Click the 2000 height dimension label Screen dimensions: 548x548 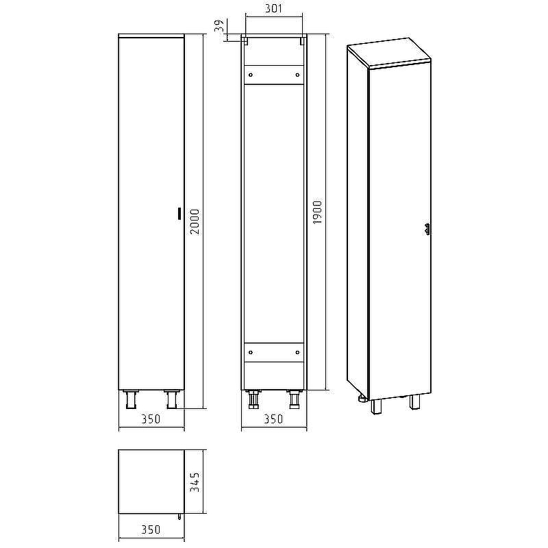[x=195, y=221]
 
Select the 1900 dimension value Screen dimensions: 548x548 [x=317, y=213]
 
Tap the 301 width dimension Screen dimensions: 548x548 [x=273, y=9]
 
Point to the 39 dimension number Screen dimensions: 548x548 [x=219, y=27]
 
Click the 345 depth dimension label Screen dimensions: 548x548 [x=195, y=482]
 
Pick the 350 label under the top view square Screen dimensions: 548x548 [x=151, y=530]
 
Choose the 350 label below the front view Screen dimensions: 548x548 [x=151, y=419]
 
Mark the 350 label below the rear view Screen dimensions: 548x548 [x=273, y=419]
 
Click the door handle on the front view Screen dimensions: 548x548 [x=179, y=213]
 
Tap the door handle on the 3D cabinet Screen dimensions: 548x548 [x=428, y=229]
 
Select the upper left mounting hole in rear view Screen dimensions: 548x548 [x=251, y=74]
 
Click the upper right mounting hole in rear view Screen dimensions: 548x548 [x=297, y=74]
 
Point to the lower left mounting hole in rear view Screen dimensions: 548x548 [x=251, y=352]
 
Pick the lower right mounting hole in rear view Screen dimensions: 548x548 [x=297, y=352]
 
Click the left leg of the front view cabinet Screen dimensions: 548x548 [x=131, y=399]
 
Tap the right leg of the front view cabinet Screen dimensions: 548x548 [x=171, y=399]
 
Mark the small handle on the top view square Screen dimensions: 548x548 [x=179, y=516]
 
